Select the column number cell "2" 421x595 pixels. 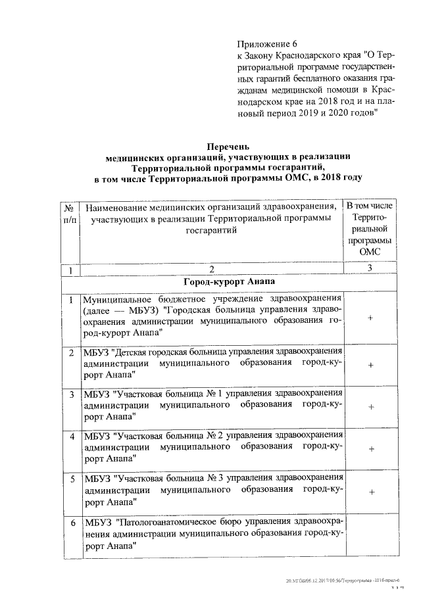pyautogui.click(x=211, y=268)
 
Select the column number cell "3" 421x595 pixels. pyautogui.click(x=370, y=268)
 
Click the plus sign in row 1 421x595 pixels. pyautogui.click(x=371, y=318)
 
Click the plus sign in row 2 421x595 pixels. pyautogui.click(x=371, y=364)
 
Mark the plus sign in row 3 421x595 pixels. pyautogui.click(x=371, y=406)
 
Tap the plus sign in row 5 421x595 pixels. pyautogui.click(x=371, y=491)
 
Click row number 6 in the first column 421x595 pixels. pyautogui.click(x=71, y=522)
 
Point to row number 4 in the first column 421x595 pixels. pyautogui.click(x=71, y=437)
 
